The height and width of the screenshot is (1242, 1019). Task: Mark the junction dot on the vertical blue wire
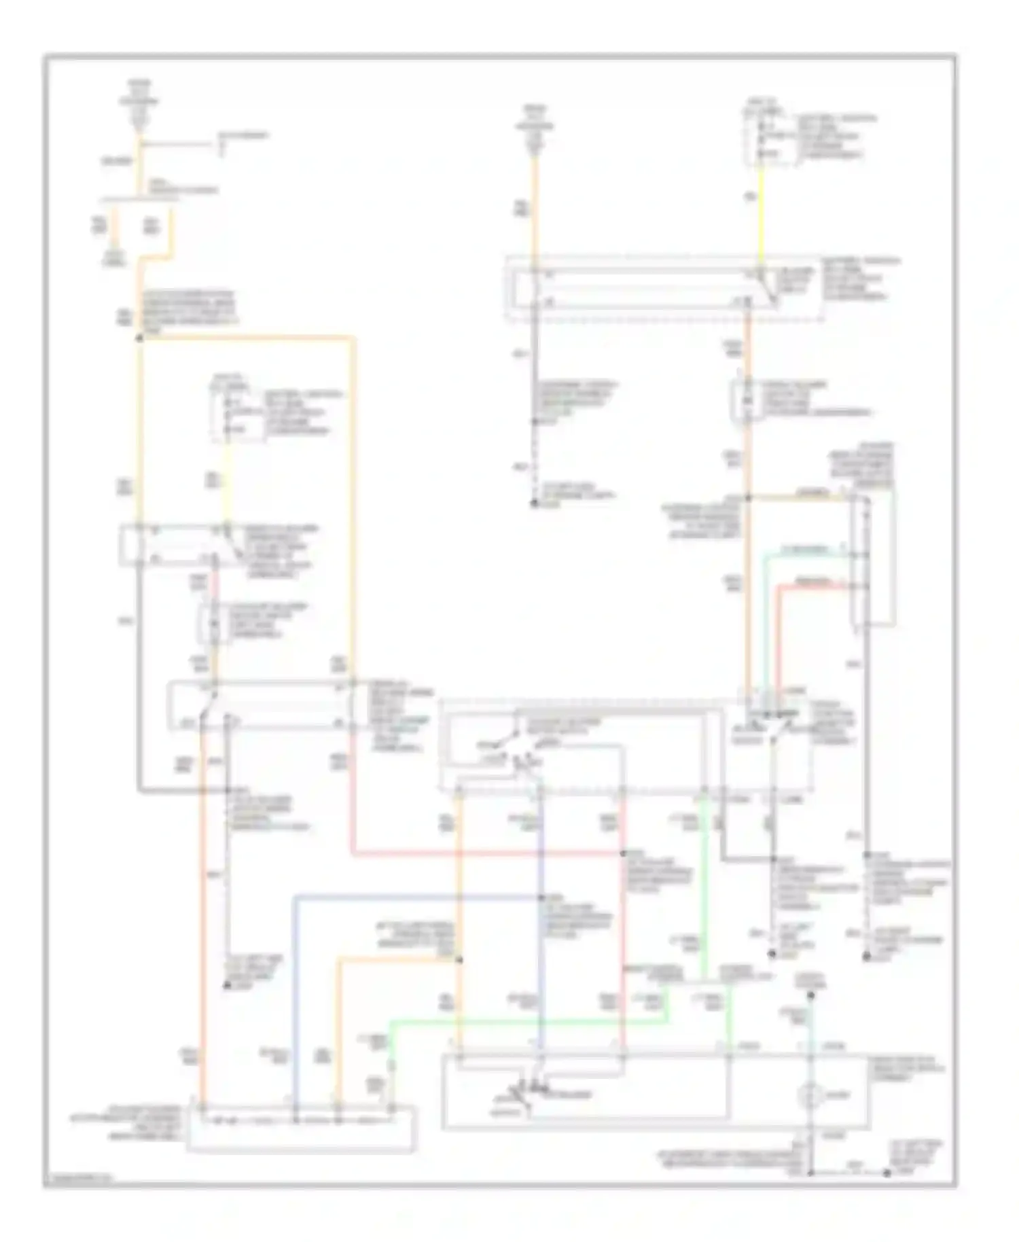(x=541, y=898)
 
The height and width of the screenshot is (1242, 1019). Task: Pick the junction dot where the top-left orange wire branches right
(x=139, y=337)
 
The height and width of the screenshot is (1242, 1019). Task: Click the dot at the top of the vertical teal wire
(x=810, y=996)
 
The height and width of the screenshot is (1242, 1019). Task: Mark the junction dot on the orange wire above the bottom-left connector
(x=459, y=959)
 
